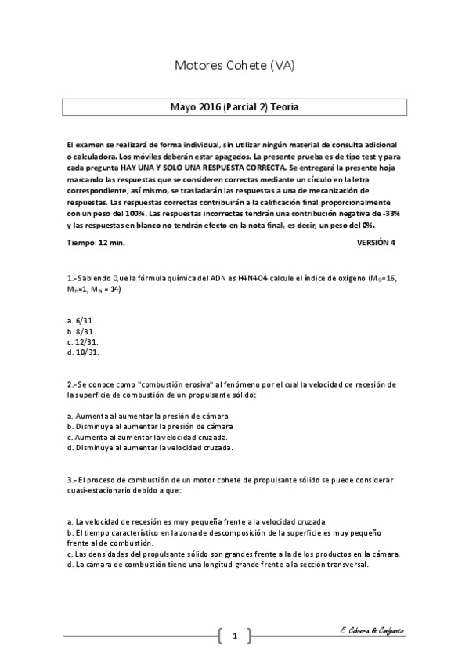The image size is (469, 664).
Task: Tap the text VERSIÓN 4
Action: pos(376,243)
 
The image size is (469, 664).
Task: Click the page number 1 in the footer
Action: pos(234,636)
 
